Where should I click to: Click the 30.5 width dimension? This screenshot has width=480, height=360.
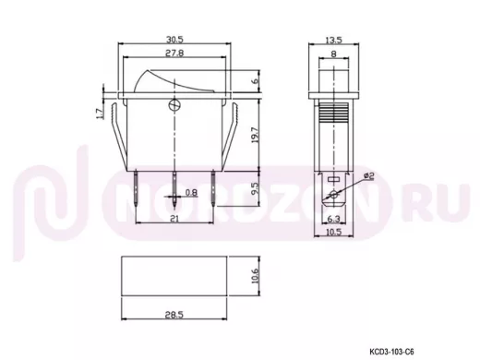(x=174, y=40)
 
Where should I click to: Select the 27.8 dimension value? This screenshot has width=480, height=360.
(x=174, y=53)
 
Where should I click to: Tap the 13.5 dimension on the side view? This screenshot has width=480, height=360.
(x=334, y=40)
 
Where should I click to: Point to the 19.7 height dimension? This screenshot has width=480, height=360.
(x=256, y=137)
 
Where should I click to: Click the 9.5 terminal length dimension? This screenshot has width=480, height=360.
(x=256, y=188)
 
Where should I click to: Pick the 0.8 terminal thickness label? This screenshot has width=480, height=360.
(x=191, y=193)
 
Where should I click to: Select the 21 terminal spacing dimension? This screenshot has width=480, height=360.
(x=174, y=219)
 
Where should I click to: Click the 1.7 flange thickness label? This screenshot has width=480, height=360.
(x=99, y=114)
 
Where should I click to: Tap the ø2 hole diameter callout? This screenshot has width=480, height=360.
(x=368, y=176)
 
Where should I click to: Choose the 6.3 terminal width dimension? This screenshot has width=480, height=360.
(x=333, y=219)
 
